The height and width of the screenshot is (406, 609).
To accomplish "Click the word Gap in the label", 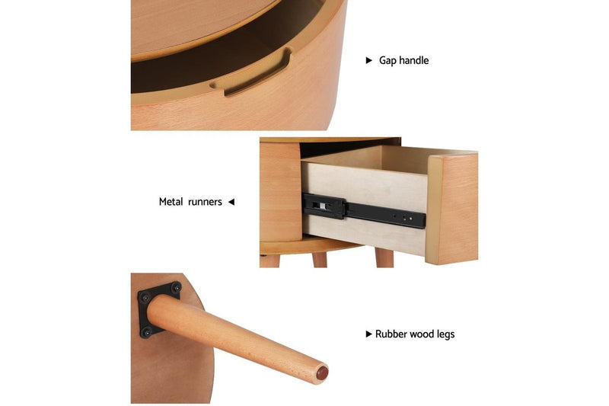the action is click(387, 61).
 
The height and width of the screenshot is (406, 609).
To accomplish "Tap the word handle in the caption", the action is click(413, 60).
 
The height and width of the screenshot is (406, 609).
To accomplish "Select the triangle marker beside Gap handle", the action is click(369, 60).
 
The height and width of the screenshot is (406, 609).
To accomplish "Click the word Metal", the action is click(171, 202).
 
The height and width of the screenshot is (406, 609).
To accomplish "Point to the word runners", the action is click(205, 203).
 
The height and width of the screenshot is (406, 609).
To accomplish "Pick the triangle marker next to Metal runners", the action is click(231, 202).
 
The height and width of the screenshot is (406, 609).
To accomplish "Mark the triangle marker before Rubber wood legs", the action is click(369, 334).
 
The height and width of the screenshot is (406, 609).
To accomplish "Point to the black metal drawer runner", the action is click(363, 210).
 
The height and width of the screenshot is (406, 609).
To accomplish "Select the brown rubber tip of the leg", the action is click(322, 373).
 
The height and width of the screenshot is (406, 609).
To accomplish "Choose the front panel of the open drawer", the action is click(452, 209).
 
